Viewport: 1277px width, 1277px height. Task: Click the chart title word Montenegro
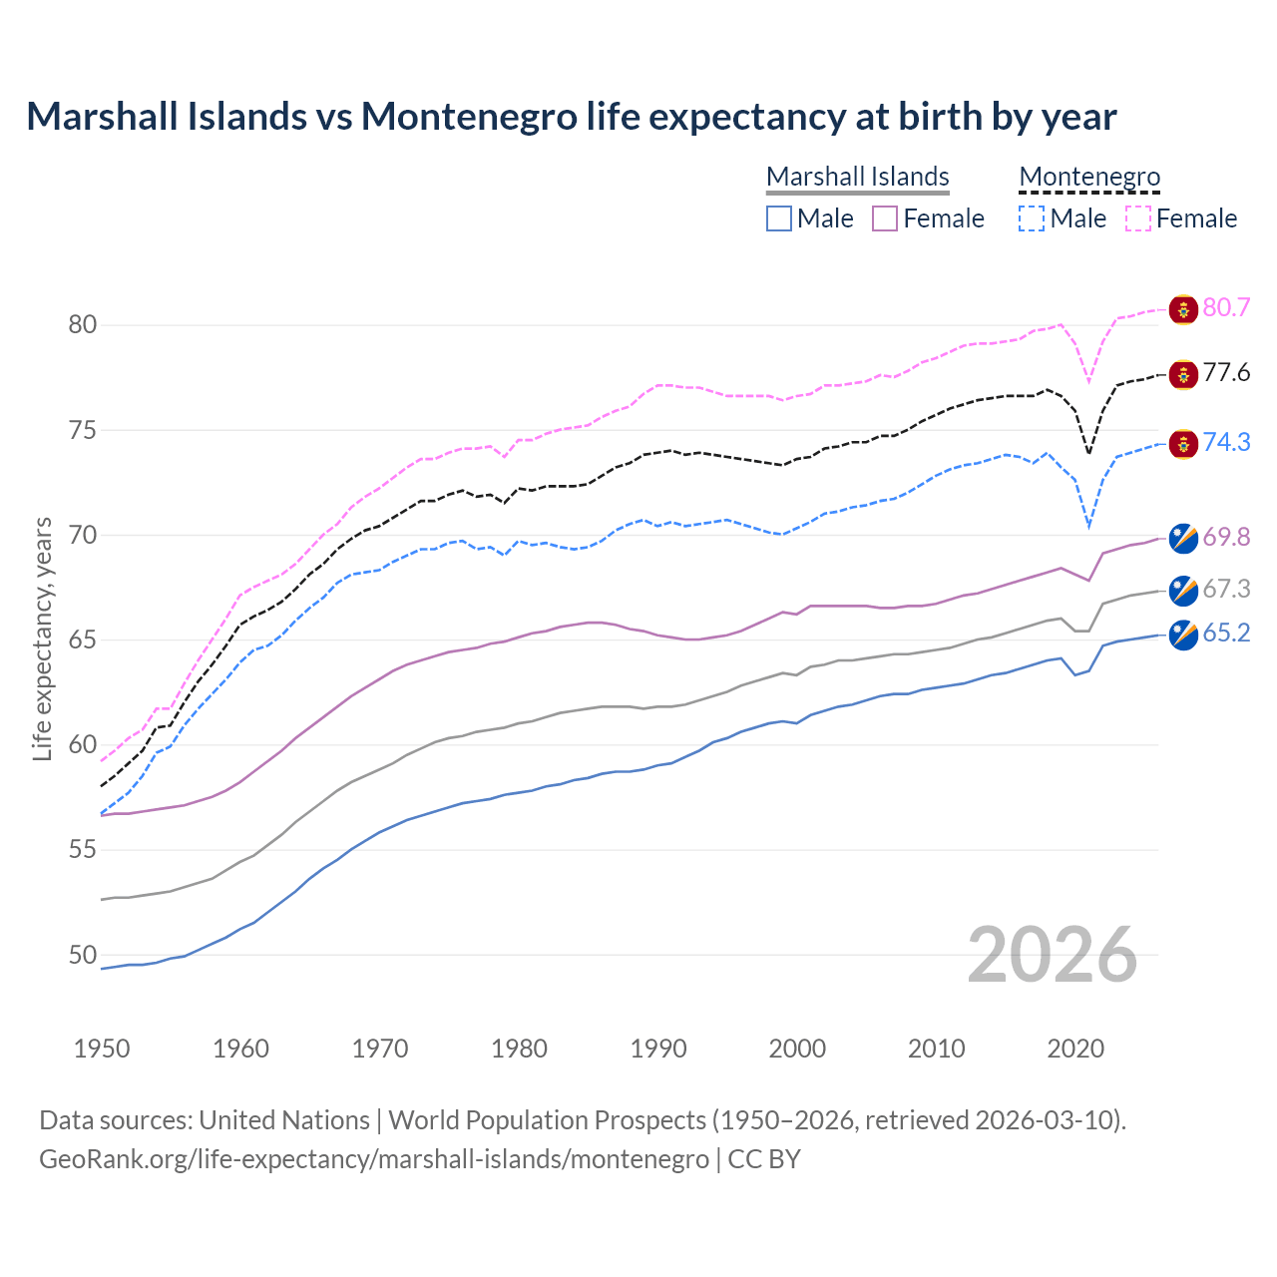click(x=469, y=117)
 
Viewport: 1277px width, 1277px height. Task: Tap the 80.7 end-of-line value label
click(x=1226, y=307)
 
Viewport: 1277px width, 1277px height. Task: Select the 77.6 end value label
click(x=1226, y=373)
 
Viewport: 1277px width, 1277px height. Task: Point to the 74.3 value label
click(x=1226, y=442)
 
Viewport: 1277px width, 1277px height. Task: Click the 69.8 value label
click(x=1226, y=537)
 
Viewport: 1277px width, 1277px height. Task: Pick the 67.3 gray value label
click(x=1226, y=590)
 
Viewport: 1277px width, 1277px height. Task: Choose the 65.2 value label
click(x=1226, y=634)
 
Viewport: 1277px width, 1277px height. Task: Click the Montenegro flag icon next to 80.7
click(x=1183, y=309)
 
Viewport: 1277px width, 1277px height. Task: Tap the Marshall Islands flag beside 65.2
click(x=1183, y=635)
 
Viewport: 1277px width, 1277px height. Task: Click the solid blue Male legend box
click(x=779, y=218)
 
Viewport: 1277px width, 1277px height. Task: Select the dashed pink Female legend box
click(x=1138, y=218)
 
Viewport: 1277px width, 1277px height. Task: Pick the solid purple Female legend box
click(x=885, y=218)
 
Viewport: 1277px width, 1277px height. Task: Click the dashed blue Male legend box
click(x=1032, y=218)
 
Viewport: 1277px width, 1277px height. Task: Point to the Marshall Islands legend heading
click(x=858, y=177)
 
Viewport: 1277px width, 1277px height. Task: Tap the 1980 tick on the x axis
click(x=519, y=1049)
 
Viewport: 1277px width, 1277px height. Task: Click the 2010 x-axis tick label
click(x=936, y=1049)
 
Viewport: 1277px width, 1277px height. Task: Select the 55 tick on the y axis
click(x=83, y=850)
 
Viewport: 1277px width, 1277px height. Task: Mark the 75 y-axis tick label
click(x=83, y=430)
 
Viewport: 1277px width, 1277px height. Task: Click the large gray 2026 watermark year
click(x=1052, y=955)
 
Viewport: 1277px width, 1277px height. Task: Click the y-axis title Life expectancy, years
click(x=42, y=638)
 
